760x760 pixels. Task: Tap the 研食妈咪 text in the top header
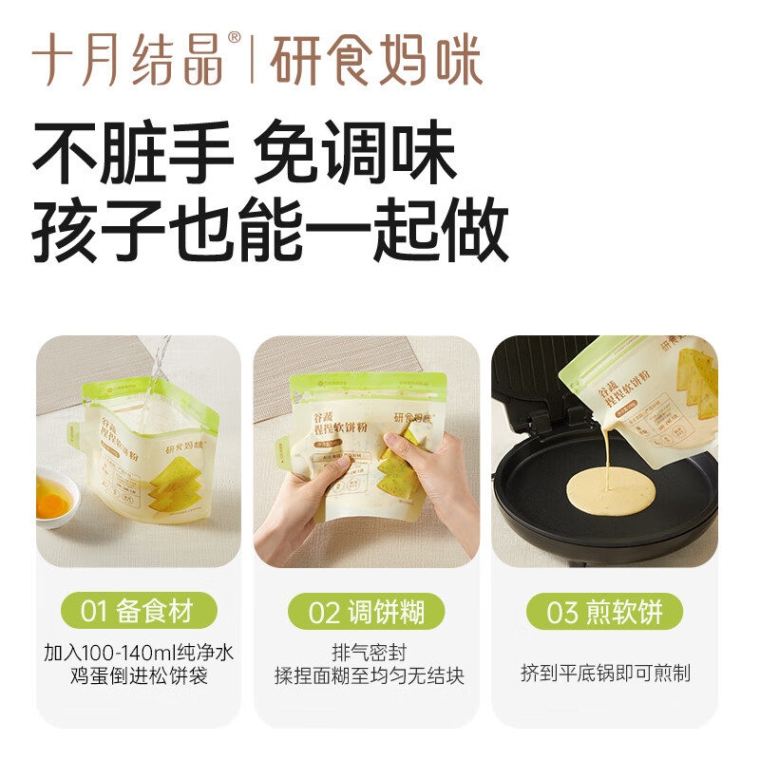[376, 61]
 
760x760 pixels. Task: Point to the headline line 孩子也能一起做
[271, 231]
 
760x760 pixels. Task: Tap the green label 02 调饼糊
[367, 612]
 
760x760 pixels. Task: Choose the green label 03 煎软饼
[603, 612]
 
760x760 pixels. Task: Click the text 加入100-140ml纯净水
[139, 653]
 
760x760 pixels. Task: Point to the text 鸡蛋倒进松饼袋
[139, 676]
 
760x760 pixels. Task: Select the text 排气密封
[367, 653]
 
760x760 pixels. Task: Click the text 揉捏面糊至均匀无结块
[367, 676]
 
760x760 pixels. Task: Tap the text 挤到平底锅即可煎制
[605, 674]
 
